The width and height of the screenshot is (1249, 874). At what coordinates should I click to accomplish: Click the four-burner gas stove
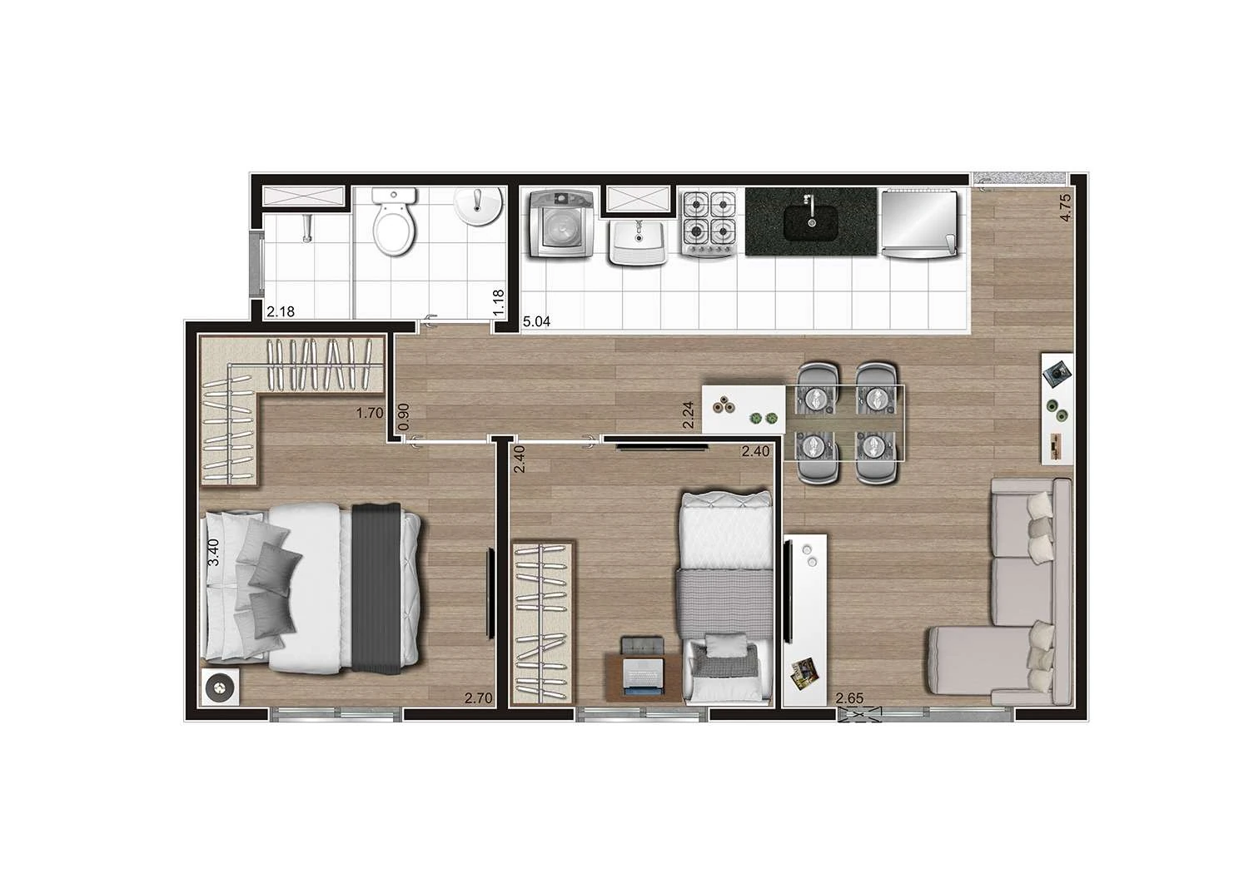(x=710, y=221)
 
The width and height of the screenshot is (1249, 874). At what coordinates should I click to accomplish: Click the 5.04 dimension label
(x=536, y=321)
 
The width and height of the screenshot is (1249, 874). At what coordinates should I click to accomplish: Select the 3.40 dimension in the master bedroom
(x=213, y=553)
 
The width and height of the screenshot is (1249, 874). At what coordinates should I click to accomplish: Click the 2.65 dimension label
(x=849, y=698)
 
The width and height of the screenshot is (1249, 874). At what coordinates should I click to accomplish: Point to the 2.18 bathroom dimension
(x=280, y=313)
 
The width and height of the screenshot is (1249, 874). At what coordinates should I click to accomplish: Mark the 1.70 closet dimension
(x=369, y=412)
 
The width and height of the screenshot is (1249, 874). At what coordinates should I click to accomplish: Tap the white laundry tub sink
(x=637, y=242)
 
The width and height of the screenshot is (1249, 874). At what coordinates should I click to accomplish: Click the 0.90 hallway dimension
(x=404, y=416)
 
